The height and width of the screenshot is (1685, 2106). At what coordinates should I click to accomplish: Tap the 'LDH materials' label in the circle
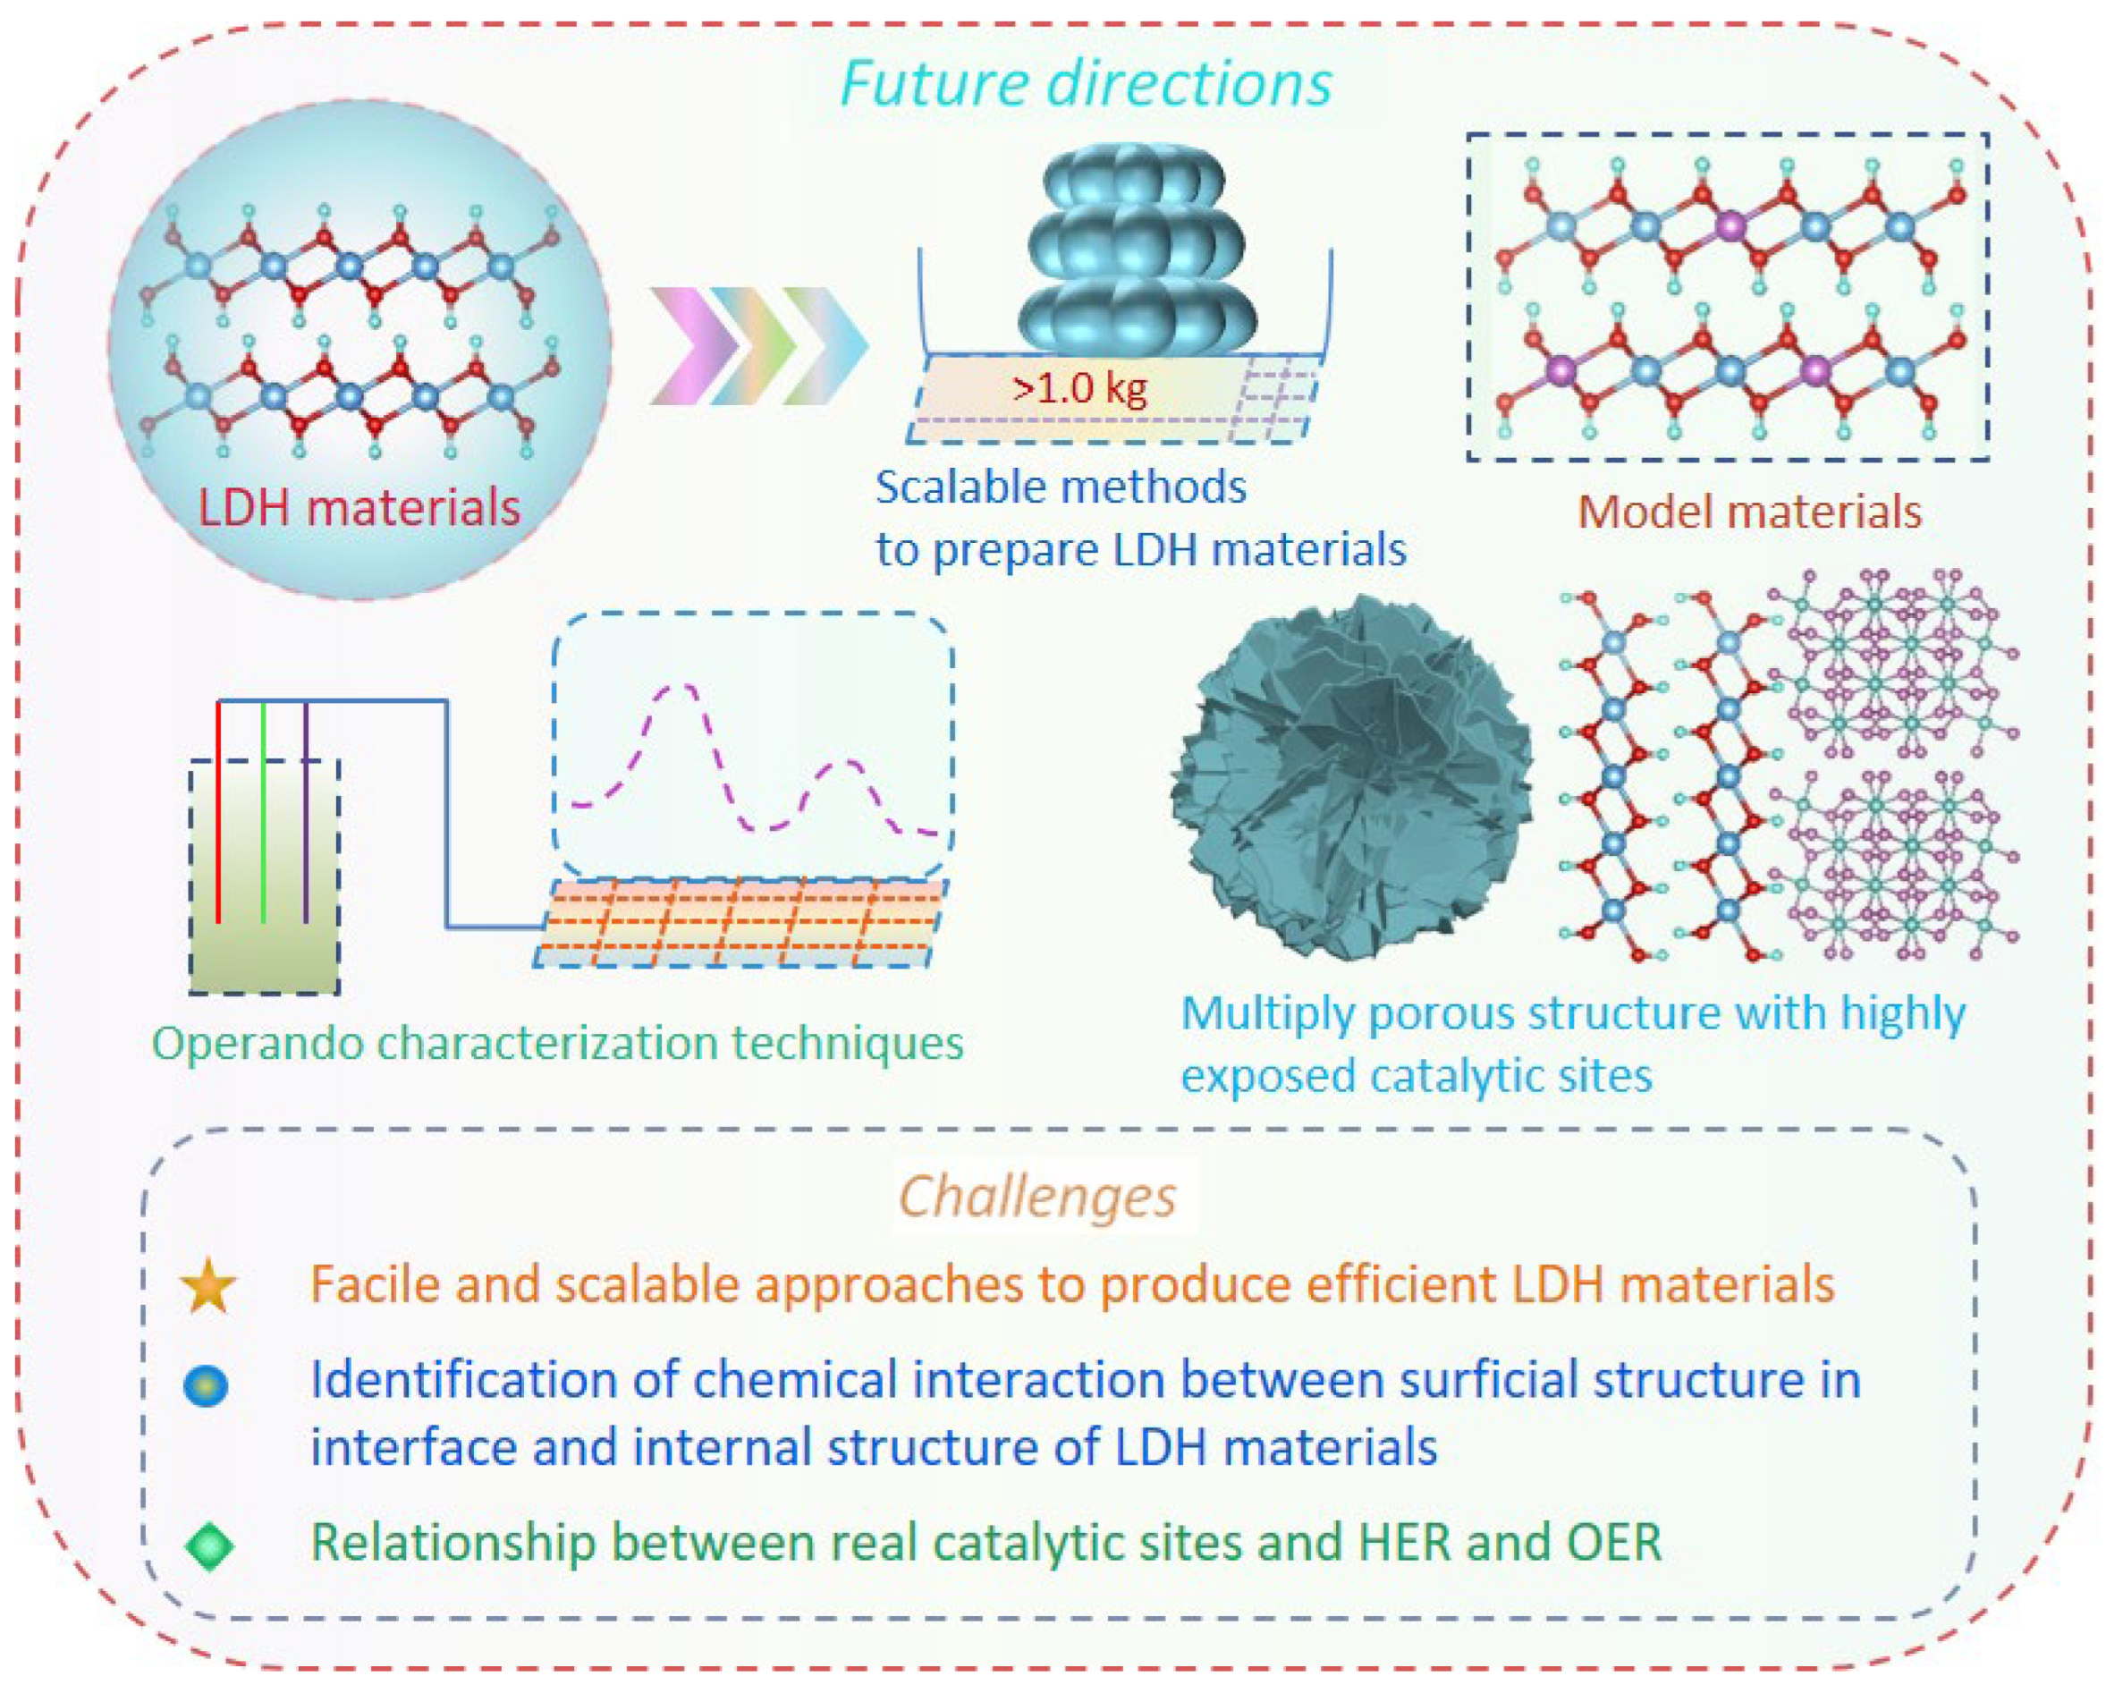359,509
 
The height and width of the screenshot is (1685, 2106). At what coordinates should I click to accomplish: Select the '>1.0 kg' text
1079,389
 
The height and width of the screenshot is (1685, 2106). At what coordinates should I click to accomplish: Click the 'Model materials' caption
1749,512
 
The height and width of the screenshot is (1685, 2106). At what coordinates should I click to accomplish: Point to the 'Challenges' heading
1037,1197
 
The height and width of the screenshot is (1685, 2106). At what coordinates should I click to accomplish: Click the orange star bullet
208,1286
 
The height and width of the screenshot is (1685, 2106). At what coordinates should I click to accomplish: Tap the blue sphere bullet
206,1386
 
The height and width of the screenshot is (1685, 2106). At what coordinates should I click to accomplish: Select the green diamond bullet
209,1545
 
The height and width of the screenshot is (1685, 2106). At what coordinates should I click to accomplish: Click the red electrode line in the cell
219,811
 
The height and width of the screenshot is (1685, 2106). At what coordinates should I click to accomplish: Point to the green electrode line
264,811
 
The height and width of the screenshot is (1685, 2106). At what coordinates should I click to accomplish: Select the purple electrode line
306,811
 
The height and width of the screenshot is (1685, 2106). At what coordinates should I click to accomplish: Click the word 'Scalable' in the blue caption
962,487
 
